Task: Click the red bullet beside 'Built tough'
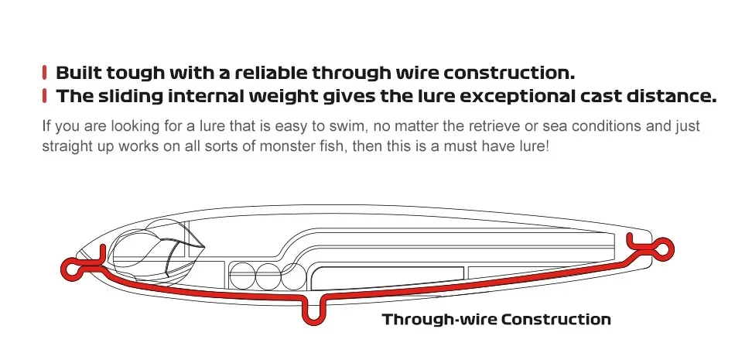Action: (x=45, y=72)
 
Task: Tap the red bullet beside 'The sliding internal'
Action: (x=45, y=95)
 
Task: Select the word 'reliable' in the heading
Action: (x=271, y=73)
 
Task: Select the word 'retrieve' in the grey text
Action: (x=481, y=126)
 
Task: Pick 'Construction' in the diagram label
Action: (x=556, y=320)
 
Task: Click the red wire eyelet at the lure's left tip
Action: (x=70, y=269)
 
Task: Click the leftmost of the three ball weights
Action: (x=242, y=276)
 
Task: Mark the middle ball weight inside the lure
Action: (x=268, y=276)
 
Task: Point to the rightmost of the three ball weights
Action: (x=293, y=276)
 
